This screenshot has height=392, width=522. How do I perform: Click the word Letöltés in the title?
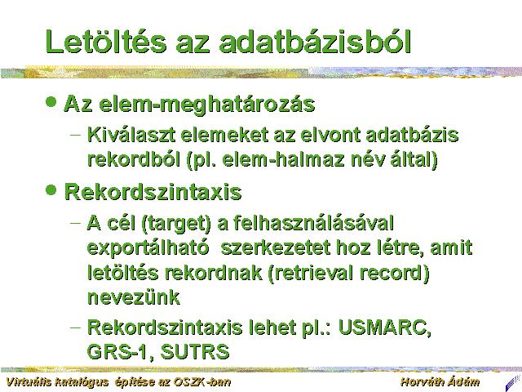[106, 42]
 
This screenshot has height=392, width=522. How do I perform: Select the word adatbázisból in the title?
[315, 42]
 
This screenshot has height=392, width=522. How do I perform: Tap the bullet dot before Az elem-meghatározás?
[51, 101]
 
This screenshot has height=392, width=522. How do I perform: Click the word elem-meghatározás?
[206, 105]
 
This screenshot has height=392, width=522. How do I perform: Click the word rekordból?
[134, 160]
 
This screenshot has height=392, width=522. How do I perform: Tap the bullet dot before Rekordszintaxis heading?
[51, 190]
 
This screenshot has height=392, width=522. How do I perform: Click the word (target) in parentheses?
[176, 223]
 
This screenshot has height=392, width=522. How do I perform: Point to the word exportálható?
[148, 248]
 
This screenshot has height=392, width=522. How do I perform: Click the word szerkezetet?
[276, 248]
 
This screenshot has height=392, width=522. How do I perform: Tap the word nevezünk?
[134, 297]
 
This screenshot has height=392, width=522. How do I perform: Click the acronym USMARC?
[384, 327]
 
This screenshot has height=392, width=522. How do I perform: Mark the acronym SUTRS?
[195, 352]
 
